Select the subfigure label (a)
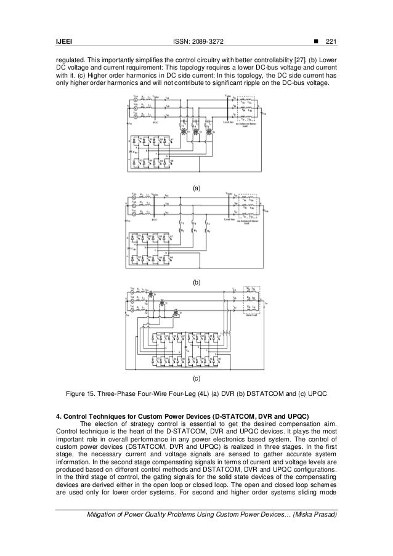tap(197, 185)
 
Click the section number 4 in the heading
tap(58, 415)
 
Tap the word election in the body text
tap(107, 423)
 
